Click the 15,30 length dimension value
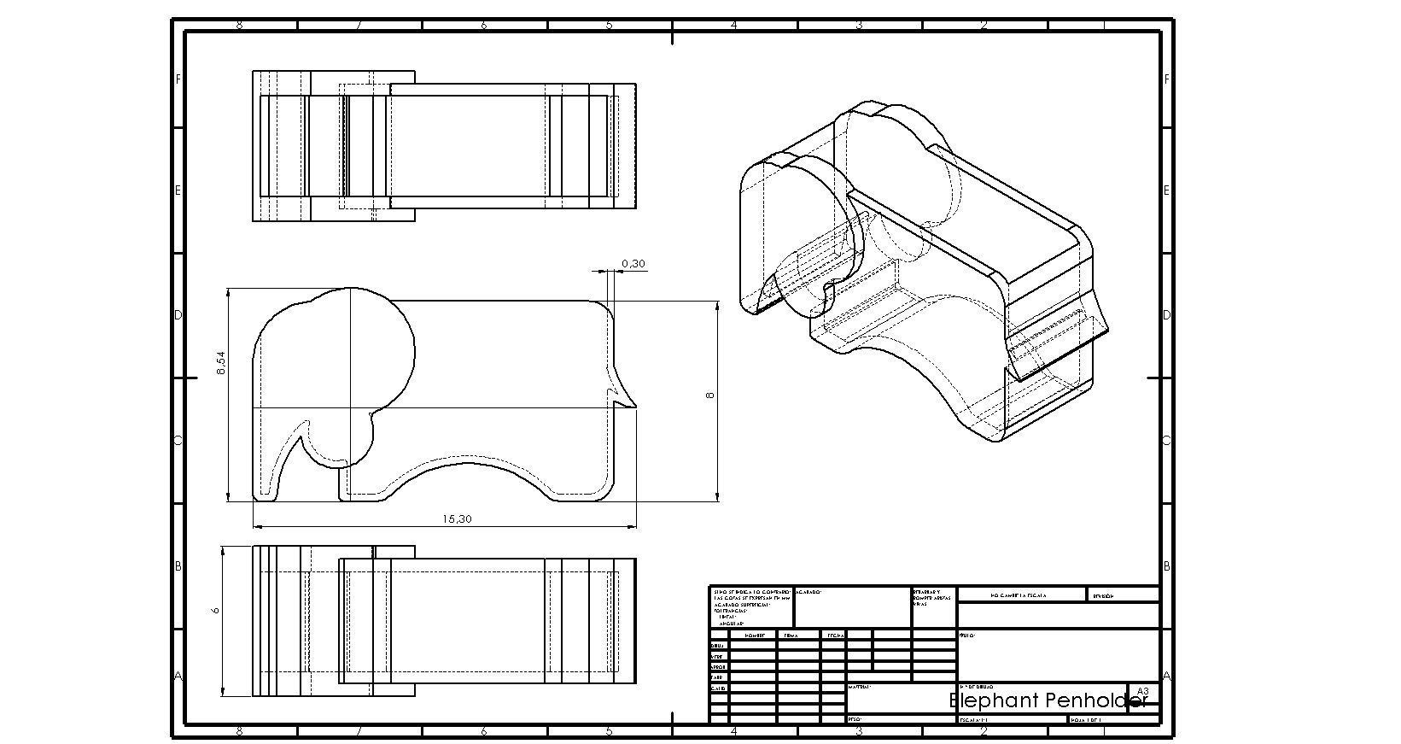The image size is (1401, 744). pyautogui.click(x=457, y=518)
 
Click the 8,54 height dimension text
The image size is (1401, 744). pyautogui.click(x=221, y=365)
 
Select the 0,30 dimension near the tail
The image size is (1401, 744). pyautogui.click(x=633, y=264)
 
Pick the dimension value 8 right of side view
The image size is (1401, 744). pyautogui.click(x=709, y=395)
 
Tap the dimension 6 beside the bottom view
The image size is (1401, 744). pyautogui.click(x=216, y=611)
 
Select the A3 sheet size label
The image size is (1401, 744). pyautogui.click(x=1143, y=691)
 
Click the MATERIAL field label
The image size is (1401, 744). pyautogui.click(x=860, y=686)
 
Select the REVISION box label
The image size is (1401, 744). pyautogui.click(x=1103, y=596)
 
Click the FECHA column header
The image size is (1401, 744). pyautogui.click(x=835, y=636)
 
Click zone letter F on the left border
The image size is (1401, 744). pyautogui.click(x=178, y=79)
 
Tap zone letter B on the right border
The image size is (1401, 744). pyautogui.click(x=1167, y=566)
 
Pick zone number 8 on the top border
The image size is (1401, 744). pyautogui.click(x=238, y=26)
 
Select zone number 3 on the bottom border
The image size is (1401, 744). pyautogui.click(x=859, y=732)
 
